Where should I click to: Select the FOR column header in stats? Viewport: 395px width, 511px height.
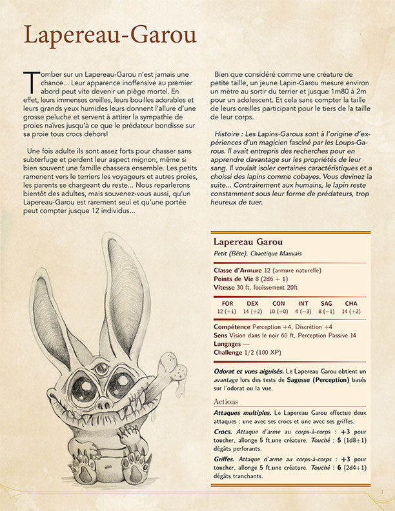[x=227, y=303]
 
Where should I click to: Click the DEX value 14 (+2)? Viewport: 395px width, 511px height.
[x=252, y=311]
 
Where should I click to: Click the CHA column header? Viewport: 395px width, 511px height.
[x=351, y=303]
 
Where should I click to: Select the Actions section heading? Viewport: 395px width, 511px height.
[x=226, y=401]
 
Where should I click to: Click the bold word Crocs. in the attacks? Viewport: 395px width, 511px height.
[x=223, y=430]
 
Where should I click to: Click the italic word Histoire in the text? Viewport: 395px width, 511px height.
[x=231, y=133]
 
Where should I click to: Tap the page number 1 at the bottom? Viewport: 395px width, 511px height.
[x=383, y=492]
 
